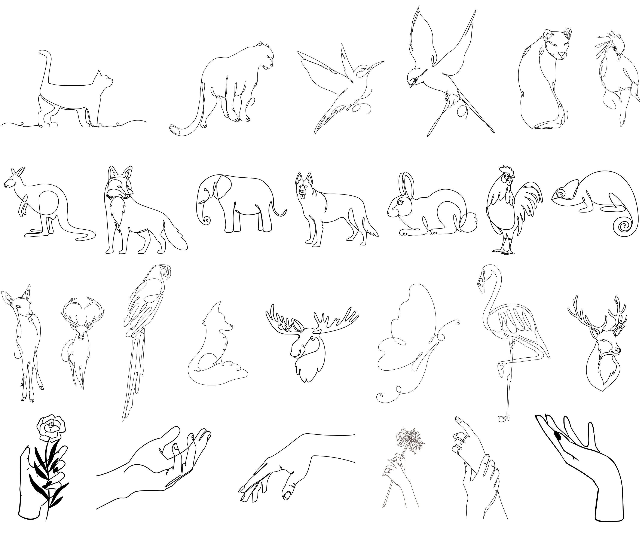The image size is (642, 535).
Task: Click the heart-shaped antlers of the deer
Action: [83, 309]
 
